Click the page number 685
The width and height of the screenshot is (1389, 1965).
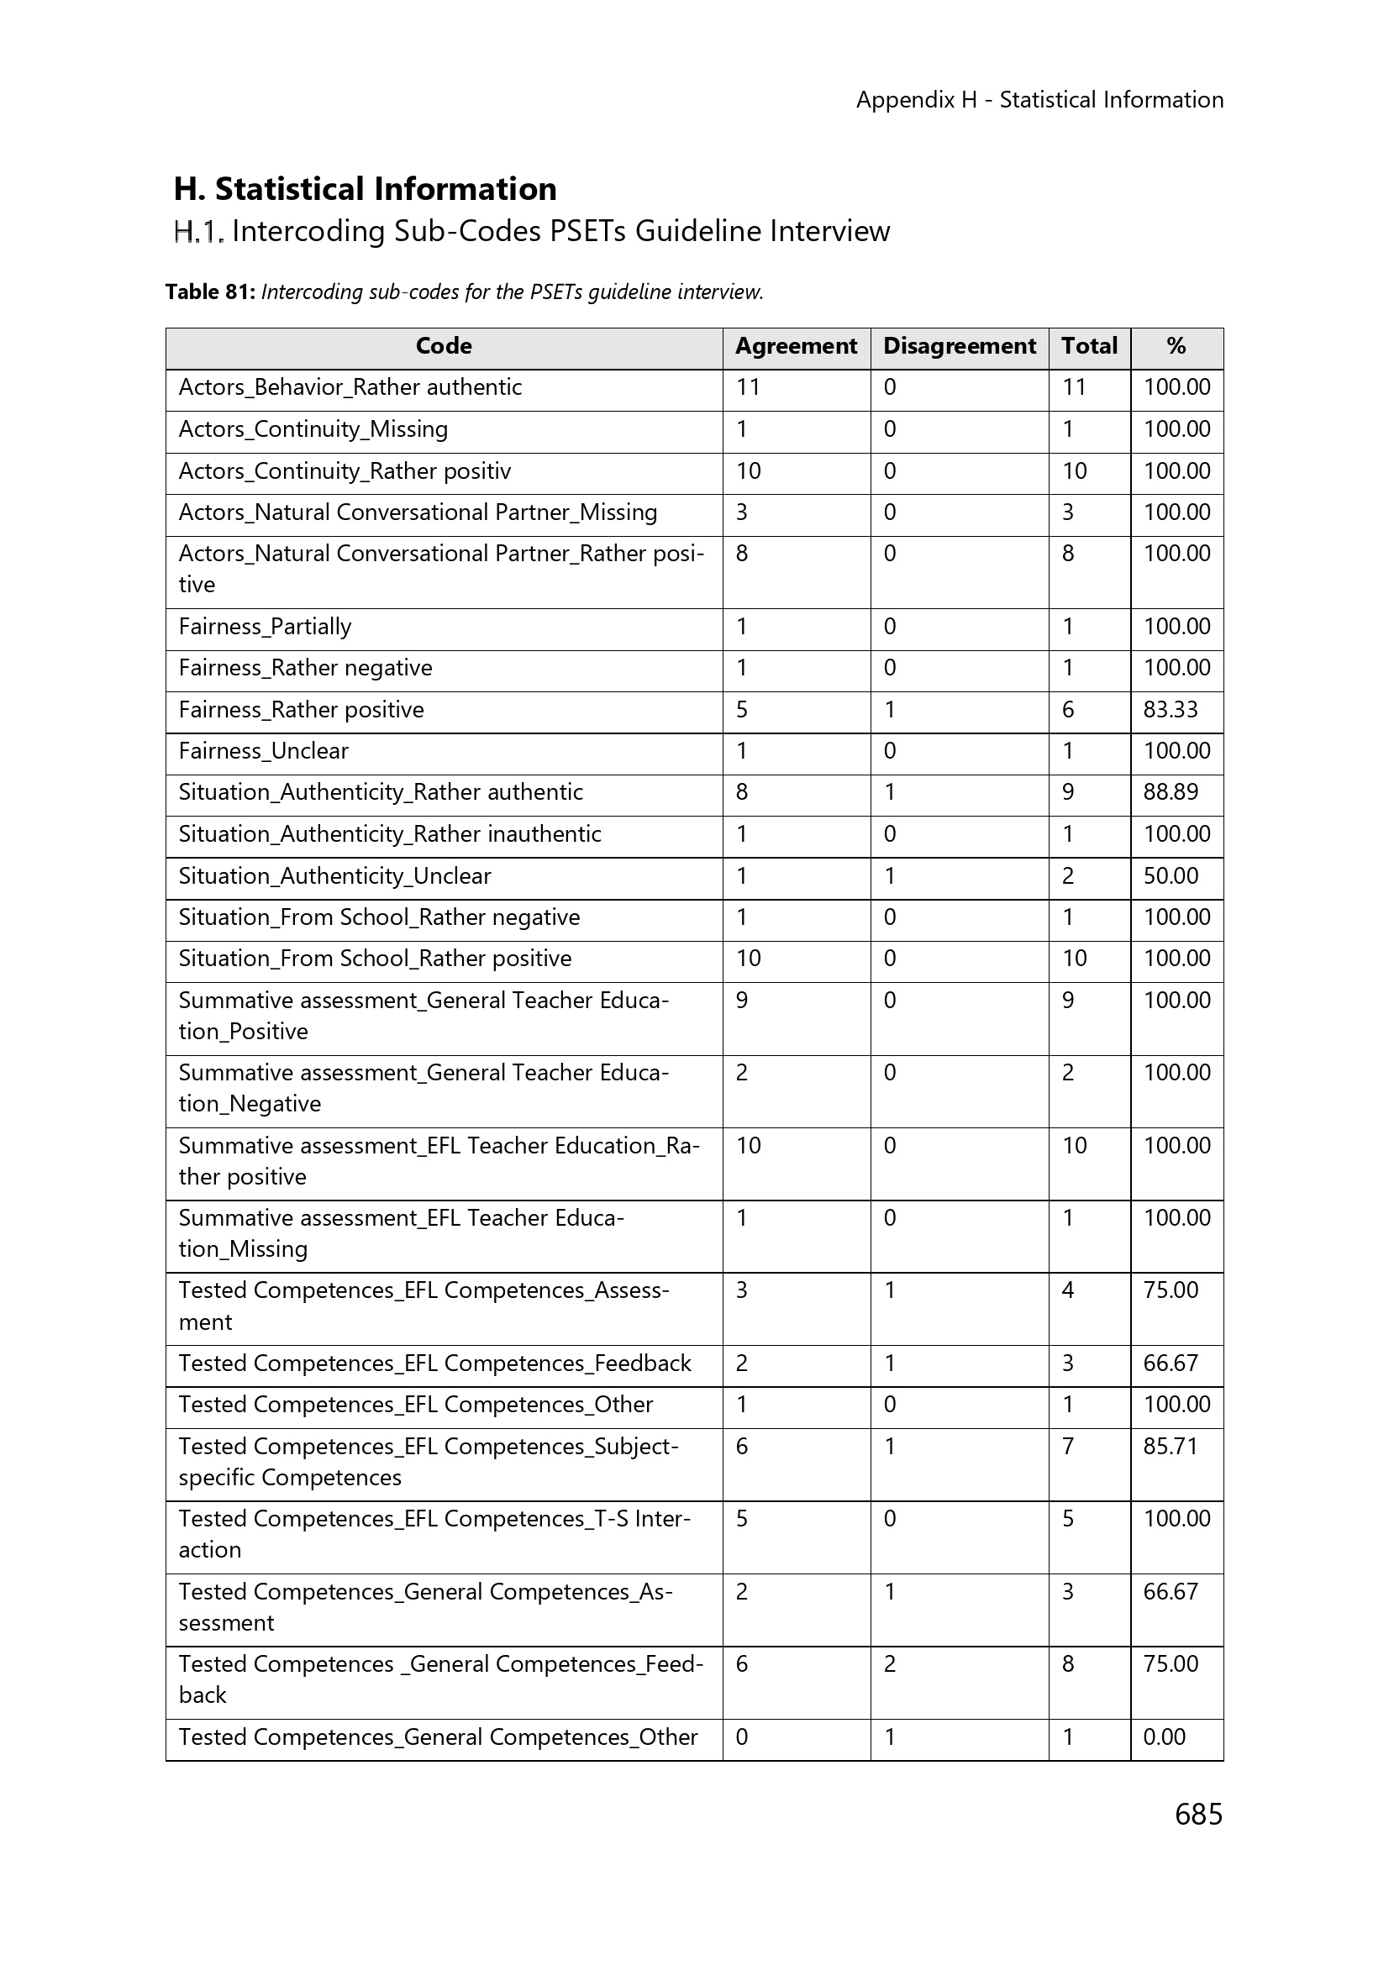pos(1198,1814)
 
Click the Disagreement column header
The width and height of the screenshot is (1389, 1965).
pos(960,347)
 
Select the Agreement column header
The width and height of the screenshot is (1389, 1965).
pos(796,347)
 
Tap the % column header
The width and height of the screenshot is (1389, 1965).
pos(1176,347)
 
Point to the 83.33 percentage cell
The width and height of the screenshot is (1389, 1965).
pos(1170,711)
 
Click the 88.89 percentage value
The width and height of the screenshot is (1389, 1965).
pos(1170,792)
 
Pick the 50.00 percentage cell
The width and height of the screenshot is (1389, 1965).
pos(1170,876)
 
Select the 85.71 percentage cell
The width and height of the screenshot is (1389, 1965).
pos(1170,1447)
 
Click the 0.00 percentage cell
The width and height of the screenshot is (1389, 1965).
pos(1164,1736)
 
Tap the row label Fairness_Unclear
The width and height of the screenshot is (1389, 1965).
pos(264,751)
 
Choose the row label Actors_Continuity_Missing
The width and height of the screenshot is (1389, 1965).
pos(313,429)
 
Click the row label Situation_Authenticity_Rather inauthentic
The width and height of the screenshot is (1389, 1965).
pos(389,834)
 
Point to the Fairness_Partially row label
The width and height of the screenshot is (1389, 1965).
pos(266,628)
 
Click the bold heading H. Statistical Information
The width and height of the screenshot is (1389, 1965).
pos(366,189)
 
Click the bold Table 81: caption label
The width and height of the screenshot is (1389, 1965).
pos(211,292)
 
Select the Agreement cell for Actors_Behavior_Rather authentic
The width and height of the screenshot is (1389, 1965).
pos(748,387)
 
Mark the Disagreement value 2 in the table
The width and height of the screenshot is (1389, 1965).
pos(890,1663)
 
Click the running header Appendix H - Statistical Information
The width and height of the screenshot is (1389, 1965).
pos(1039,100)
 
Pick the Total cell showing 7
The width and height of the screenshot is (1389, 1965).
pos(1068,1447)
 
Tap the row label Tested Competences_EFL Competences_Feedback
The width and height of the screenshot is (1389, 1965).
pos(434,1363)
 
